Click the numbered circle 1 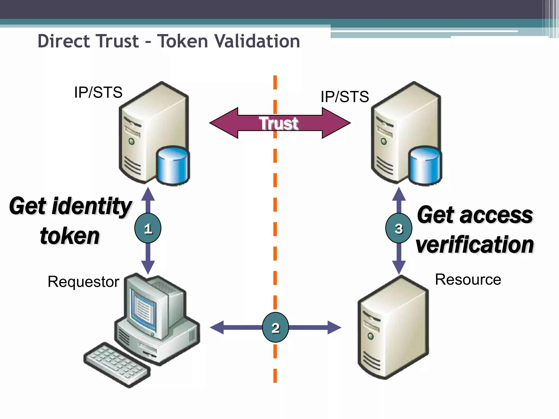(148, 228)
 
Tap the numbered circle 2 (275, 327)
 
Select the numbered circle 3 (399, 228)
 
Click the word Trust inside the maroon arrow (279, 123)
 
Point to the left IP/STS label (98, 92)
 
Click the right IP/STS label (345, 97)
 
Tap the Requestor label (84, 282)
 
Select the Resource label (468, 280)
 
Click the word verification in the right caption (474, 245)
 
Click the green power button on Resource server (370, 336)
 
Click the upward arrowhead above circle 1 (148, 194)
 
